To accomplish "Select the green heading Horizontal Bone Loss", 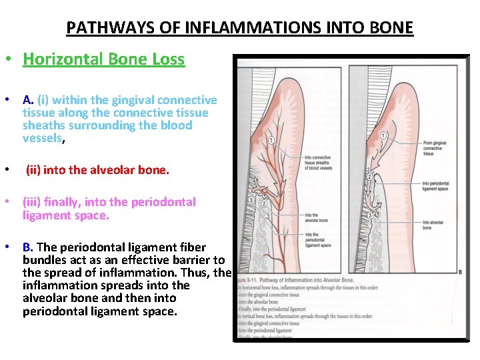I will click(x=103, y=59).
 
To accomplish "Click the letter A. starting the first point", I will click(x=28, y=100).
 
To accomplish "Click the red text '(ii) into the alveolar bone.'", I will click(x=97, y=170).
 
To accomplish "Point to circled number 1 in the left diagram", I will click(x=270, y=140).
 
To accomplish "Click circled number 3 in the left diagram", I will click(x=250, y=200).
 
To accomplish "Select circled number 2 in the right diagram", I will click(x=369, y=176).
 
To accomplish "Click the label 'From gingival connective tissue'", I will click(x=436, y=146).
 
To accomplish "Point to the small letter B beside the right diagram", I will click(x=461, y=271).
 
